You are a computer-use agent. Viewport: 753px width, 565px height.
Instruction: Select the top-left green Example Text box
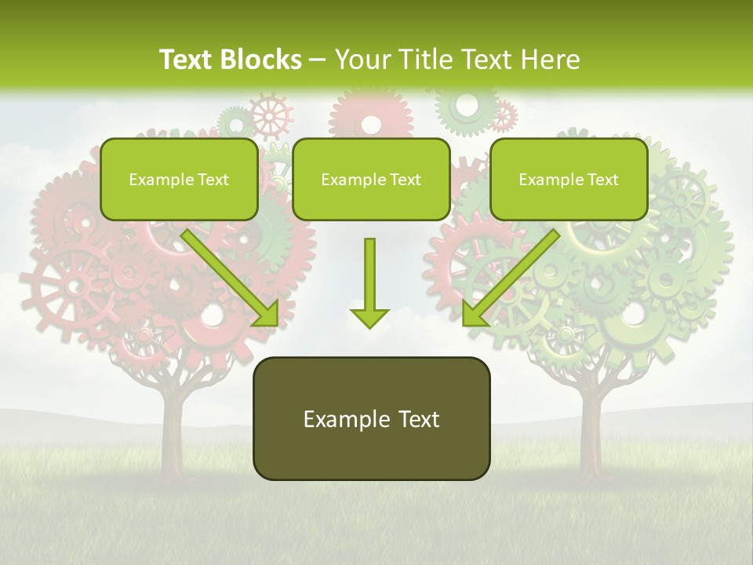[x=179, y=180]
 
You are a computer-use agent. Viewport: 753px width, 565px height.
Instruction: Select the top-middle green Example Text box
[x=371, y=180]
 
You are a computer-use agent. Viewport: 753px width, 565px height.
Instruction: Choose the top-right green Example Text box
[x=569, y=180]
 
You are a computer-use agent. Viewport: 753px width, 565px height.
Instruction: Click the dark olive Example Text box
[x=372, y=418]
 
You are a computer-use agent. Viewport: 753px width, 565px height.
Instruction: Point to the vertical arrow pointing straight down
[x=369, y=279]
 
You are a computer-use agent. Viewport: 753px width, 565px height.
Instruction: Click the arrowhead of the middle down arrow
[x=369, y=317]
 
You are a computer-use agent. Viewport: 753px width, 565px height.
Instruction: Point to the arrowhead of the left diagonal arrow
[x=267, y=315]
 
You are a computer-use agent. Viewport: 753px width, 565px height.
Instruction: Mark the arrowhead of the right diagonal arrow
[x=473, y=315]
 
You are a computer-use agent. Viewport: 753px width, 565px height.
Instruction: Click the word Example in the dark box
[x=342, y=419]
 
